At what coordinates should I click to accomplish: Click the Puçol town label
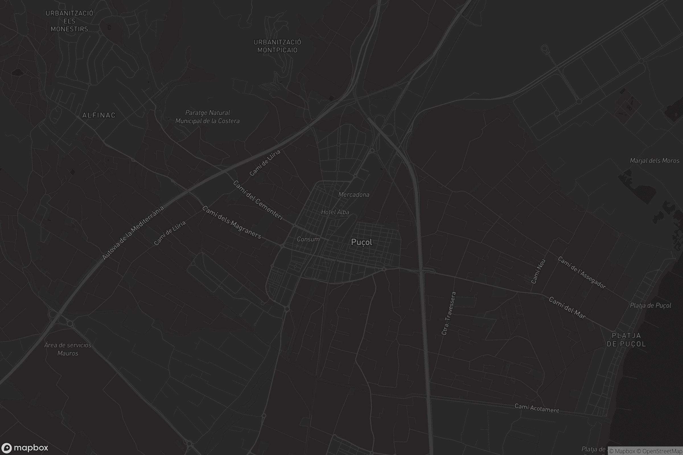click(x=361, y=242)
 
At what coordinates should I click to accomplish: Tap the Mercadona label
click(x=354, y=195)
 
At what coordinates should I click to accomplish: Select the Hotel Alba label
click(x=335, y=212)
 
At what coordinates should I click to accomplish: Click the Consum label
click(x=308, y=239)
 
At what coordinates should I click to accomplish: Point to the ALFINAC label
click(x=99, y=115)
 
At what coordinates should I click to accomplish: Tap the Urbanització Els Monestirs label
click(x=69, y=21)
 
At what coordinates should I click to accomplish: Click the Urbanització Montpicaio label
click(x=277, y=46)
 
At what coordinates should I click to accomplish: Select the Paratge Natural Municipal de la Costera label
click(x=207, y=117)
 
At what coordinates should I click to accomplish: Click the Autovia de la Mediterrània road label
click(x=133, y=233)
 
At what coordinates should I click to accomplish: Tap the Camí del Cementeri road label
click(x=258, y=200)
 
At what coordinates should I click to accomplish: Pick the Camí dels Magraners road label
click(x=232, y=222)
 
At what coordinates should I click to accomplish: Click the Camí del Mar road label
click(x=567, y=308)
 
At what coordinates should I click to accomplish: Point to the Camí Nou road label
click(x=538, y=271)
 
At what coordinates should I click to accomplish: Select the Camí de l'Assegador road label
click(x=582, y=273)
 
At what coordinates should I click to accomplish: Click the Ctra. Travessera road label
click(x=449, y=313)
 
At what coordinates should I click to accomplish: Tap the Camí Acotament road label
click(x=537, y=408)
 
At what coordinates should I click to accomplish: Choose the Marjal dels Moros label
click(x=655, y=161)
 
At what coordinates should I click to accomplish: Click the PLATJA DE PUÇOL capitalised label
click(x=626, y=340)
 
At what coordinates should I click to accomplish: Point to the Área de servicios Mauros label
click(x=68, y=349)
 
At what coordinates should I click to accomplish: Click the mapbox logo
click(x=25, y=448)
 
